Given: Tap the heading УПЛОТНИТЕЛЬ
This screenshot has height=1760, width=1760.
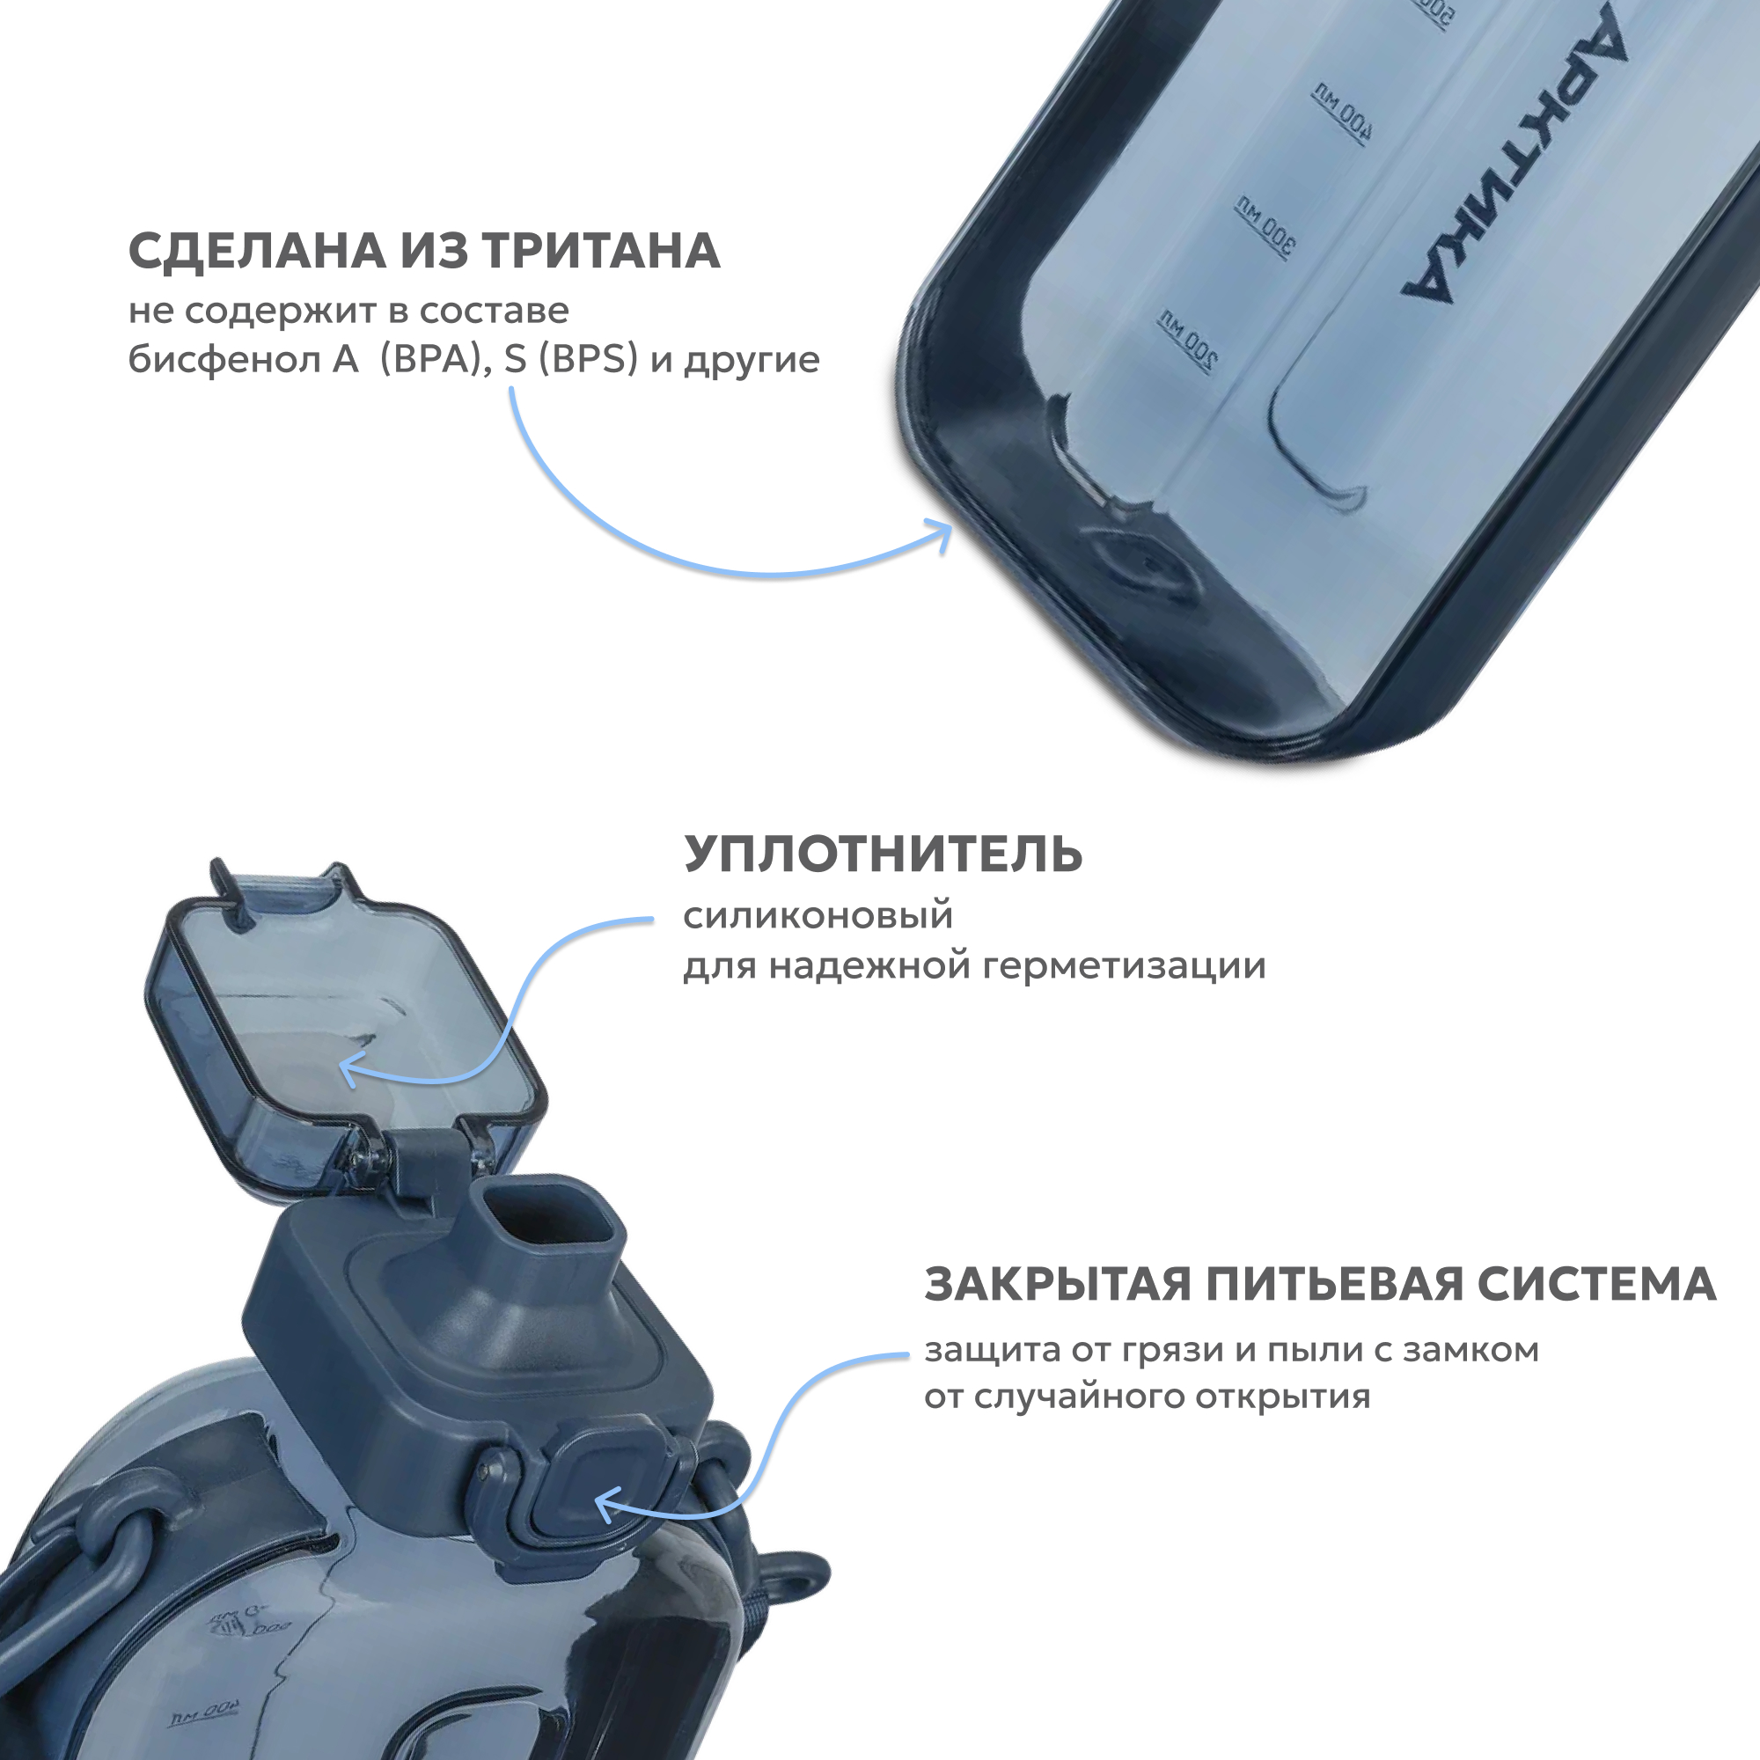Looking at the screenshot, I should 883,854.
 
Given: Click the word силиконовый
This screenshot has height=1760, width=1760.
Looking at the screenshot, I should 818,914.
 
